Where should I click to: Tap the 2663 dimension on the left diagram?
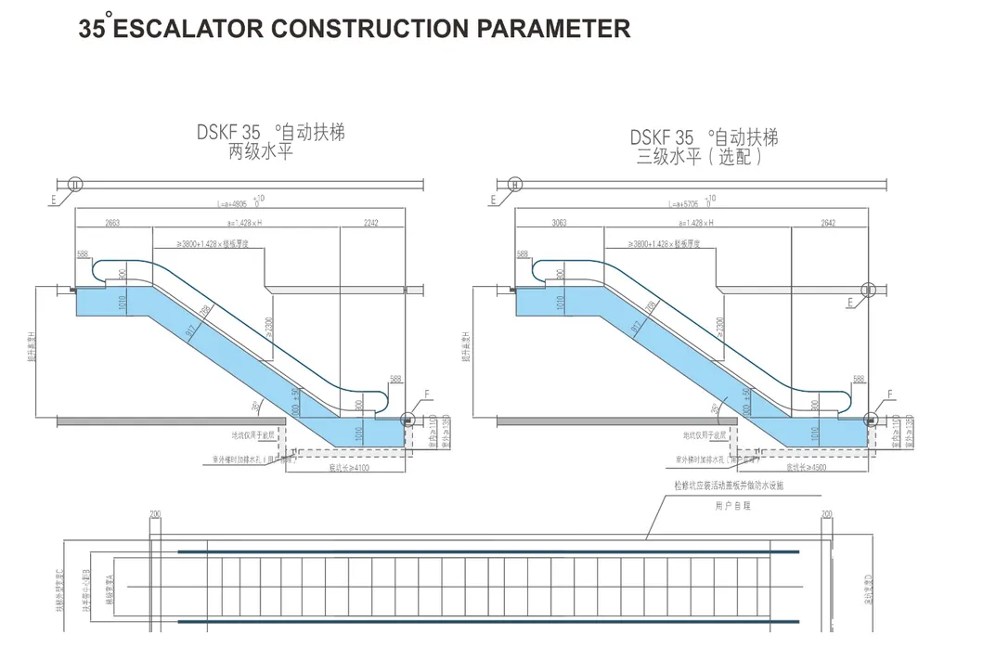tap(113, 223)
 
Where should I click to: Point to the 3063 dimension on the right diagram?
tap(560, 223)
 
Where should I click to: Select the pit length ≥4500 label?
tap(805, 470)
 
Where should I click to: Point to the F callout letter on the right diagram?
tap(889, 395)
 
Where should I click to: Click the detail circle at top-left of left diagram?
tap(77, 183)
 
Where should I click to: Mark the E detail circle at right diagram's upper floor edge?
tap(868, 291)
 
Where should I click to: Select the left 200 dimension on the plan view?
tap(155, 513)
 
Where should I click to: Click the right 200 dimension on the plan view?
tap(826, 513)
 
